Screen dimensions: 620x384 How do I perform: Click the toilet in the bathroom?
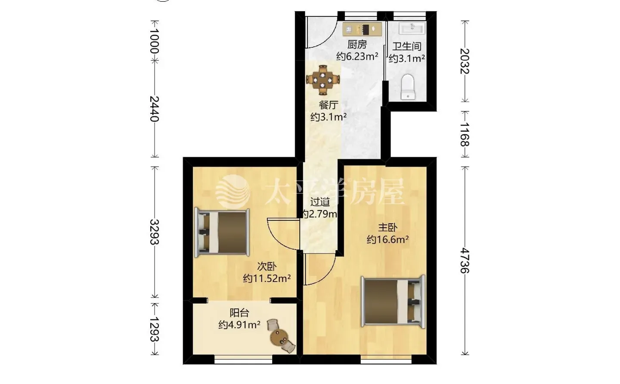tap(408, 87)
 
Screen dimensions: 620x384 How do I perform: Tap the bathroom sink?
tap(412, 28)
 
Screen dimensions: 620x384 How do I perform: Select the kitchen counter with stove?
tap(362, 29)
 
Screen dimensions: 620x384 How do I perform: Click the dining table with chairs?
tap(323, 80)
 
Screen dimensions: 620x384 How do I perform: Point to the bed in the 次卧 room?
tap(222, 232)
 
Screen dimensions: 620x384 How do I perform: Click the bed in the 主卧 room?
tap(393, 301)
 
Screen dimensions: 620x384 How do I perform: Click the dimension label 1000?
tap(154, 41)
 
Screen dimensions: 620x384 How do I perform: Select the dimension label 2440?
tap(154, 109)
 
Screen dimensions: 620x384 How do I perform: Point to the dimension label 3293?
tap(154, 232)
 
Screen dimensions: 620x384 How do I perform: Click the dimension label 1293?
tap(154, 329)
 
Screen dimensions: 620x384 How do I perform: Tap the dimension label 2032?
tap(465, 61)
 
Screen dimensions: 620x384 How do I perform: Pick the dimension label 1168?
tap(465, 134)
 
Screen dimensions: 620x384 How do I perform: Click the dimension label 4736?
tap(465, 260)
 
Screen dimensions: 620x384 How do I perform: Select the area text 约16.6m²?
tap(388, 239)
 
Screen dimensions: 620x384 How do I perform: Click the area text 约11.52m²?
tap(267, 279)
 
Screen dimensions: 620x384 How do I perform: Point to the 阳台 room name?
tap(239, 313)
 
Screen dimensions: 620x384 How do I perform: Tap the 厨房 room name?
tap(357, 44)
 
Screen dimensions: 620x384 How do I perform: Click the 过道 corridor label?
tap(320, 202)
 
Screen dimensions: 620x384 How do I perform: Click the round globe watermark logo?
tap(233, 192)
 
